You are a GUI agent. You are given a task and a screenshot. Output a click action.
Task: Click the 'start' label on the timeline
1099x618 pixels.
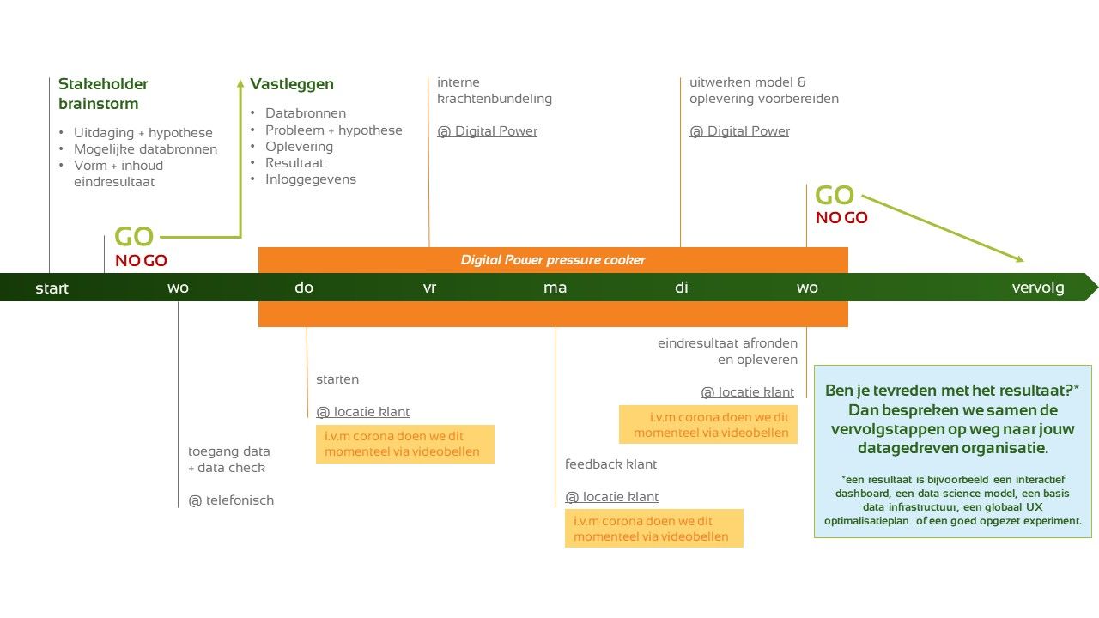click(52, 288)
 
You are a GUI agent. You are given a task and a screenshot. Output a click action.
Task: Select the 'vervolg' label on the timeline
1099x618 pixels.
click(1037, 288)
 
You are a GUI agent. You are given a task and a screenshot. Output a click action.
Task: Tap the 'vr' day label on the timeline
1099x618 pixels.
click(429, 288)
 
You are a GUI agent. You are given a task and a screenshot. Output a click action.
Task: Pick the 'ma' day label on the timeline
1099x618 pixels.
click(555, 288)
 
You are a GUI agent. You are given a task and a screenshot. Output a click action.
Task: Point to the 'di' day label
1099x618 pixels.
click(681, 288)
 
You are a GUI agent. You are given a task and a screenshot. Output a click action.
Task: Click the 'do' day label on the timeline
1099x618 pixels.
click(304, 288)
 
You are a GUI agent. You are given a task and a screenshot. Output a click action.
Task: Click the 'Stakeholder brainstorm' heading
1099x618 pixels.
click(102, 94)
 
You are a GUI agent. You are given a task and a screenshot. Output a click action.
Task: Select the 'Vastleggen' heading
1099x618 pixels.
click(292, 84)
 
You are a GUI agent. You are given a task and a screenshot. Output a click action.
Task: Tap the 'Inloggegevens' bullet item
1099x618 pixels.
click(310, 179)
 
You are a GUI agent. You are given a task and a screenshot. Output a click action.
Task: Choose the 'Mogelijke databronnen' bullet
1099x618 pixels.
click(145, 149)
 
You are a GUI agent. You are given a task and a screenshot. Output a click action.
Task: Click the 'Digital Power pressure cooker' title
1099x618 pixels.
click(552, 260)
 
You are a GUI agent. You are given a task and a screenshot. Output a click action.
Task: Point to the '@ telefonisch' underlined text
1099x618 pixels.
click(231, 500)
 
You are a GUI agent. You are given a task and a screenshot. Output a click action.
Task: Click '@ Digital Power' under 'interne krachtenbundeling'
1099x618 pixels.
click(487, 131)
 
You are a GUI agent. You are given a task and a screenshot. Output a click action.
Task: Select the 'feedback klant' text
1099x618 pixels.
click(610, 464)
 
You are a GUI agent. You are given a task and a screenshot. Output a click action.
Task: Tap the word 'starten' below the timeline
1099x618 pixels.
click(337, 379)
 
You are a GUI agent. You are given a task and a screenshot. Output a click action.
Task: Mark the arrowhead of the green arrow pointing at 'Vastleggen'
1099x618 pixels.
click(240, 84)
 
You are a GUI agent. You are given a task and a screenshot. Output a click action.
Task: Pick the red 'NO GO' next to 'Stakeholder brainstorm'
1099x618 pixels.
click(141, 260)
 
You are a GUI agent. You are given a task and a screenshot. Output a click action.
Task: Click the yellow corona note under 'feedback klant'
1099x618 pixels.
click(653, 529)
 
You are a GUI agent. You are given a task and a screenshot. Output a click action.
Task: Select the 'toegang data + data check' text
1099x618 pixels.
click(228, 459)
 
